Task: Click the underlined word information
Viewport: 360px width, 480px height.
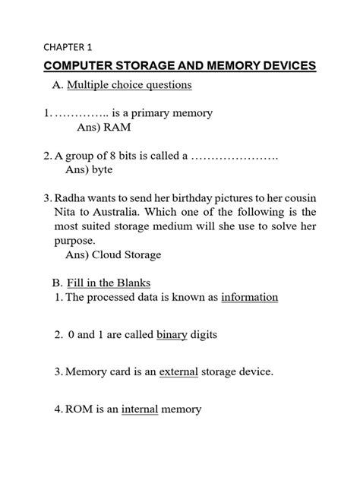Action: (250, 298)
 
